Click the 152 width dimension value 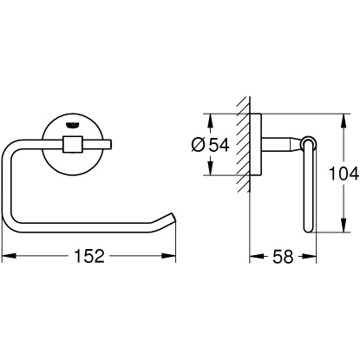point(89,256)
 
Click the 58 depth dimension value point(283,257)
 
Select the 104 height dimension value point(344,173)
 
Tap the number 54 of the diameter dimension point(219,145)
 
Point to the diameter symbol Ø point(198,145)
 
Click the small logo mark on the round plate point(72,125)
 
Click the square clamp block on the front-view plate point(72,144)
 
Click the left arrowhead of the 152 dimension point(9,256)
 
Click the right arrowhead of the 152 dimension point(169,256)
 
